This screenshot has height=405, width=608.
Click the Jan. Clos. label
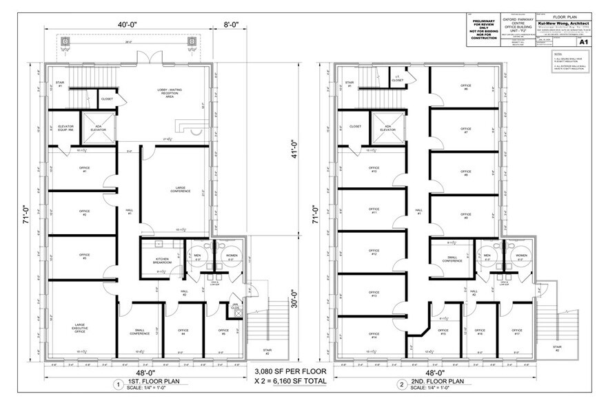click(x=234, y=306)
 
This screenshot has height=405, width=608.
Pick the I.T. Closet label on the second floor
click(x=398, y=79)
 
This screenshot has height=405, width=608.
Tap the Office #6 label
click(x=465, y=87)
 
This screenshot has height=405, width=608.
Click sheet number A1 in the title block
click(x=583, y=42)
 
